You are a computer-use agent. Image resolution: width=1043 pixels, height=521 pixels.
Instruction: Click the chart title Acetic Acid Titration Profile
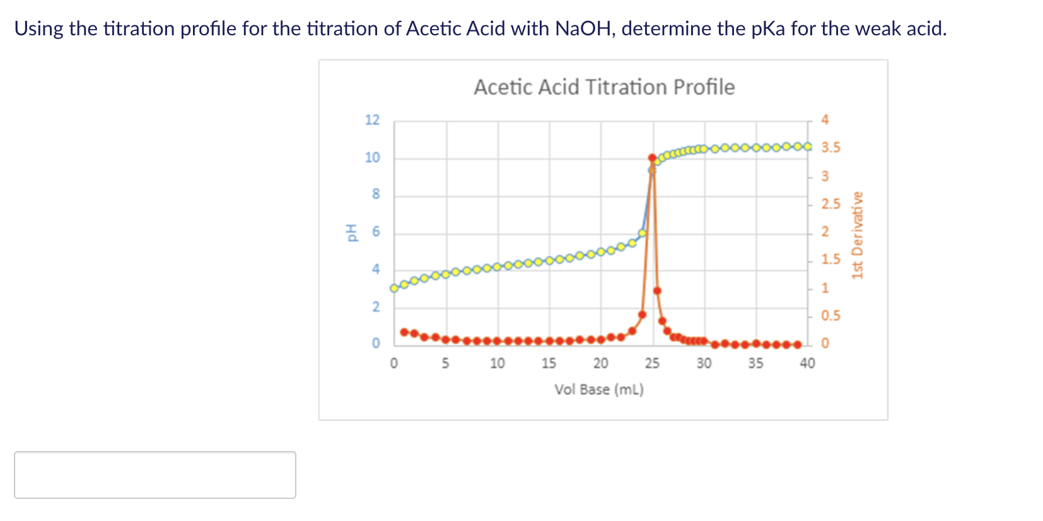pyautogui.click(x=604, y=87)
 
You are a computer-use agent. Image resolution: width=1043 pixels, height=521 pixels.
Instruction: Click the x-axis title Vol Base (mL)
pyautogui.click(x=599, y=389)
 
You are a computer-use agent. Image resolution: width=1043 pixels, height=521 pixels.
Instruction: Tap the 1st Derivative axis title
pyautogui.click(x=856, y=235)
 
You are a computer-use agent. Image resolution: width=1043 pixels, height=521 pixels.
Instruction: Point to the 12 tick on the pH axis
pyautogui.click(x=373, y=120)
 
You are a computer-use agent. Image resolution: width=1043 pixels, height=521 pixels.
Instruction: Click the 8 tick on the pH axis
pyautogui.click(x=376, y=194)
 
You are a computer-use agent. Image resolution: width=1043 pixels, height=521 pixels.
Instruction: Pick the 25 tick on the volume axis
pyautogui.click(x=652, y=363)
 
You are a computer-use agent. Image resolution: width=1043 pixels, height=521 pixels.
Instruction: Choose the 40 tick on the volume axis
pyautogui.click(x=807, y=363)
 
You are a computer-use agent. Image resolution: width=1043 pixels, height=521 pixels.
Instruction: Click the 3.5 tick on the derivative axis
pyautogui.click(x=830, y=148)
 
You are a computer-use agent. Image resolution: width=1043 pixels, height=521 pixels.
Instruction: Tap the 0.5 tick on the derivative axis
pyautogui.click(x=830, y=315)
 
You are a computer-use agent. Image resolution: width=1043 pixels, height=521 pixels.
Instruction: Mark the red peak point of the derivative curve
pyautogui.click(x=652, y=158)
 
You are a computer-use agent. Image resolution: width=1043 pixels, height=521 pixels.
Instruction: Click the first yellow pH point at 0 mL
pyautogui.click(x=395, y=288)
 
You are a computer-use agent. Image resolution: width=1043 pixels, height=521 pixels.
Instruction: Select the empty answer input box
pyautogui.click(x=155, y=475)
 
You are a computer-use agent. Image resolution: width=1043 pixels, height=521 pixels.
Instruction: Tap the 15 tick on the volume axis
pyautogui.click(x=549, y=363)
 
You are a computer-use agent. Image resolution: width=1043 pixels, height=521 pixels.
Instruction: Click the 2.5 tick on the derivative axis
pyautogui.click(x=830, y=204)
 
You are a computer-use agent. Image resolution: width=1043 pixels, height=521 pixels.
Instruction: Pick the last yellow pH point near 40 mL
pyautogui.click(x=808, y=146)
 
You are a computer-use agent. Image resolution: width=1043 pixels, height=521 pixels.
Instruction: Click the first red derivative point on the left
pyautogui.click(x=404, y=332)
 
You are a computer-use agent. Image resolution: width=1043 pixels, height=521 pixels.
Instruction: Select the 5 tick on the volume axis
pyautogui.click(x=445, y=363)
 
